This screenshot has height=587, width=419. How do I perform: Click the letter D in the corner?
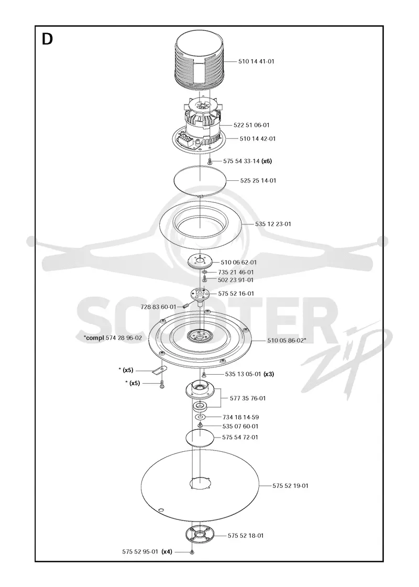[x=47, y=39]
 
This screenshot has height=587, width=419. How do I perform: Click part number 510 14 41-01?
[x=256, y=61]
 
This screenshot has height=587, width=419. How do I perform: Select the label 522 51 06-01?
[x=251, y=125]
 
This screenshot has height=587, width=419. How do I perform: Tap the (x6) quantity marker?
[x=267, y=161]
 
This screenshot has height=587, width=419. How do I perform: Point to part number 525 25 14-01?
[x=258, y=180]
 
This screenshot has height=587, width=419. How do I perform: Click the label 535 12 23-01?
[x=273, y=224]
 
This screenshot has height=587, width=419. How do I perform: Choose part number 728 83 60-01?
[x=158, y=307]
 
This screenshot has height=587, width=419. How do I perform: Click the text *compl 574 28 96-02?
[x=113, y=338]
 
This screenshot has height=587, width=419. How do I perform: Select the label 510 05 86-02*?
[x=287, y=340]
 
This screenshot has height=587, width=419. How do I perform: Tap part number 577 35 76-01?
[x=248, y=398]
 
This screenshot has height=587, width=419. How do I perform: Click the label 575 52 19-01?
[x=290, y=486]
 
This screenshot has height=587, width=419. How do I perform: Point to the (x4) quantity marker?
[x=167, y=551]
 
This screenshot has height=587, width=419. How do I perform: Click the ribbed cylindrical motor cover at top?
[x=201, y=61]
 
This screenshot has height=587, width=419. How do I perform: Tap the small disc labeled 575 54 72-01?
[x=200, y=437]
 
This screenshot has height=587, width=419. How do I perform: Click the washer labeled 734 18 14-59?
[x=200, y=417]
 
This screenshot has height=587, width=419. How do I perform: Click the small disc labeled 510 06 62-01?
[x=200, y=261]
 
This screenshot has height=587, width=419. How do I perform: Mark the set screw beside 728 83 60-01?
[x=185, y=307]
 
